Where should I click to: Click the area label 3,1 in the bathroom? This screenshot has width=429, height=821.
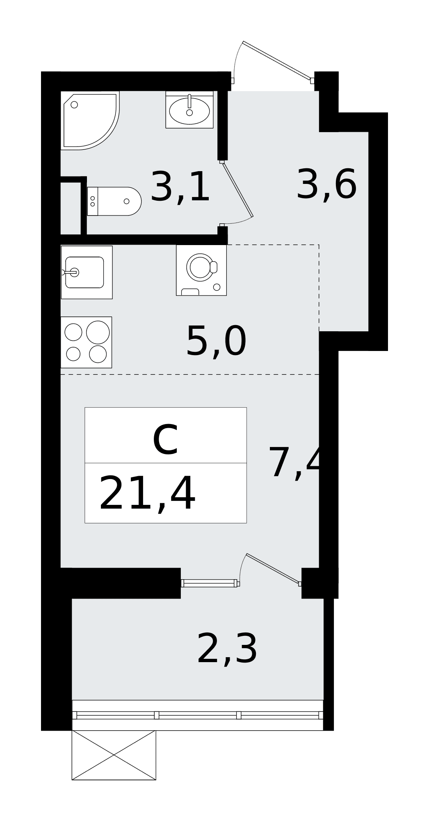(x=180, y=187)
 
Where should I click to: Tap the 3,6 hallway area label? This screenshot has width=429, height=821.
(x=326, y=185)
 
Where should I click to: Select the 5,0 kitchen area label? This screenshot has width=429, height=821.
(x=216, y=341)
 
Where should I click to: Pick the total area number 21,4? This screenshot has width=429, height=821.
(x=147, y=493)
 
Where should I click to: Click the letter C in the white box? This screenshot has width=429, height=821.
(x=165, y=440)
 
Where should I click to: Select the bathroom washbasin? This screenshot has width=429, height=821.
(x=189, y=110)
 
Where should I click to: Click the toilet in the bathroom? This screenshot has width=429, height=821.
(x=114, y=201)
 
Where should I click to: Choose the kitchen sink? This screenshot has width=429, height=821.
(x=87, y=272)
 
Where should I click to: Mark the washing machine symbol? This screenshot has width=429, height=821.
(x=201, y=270)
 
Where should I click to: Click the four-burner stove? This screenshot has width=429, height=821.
(x=86, y=342)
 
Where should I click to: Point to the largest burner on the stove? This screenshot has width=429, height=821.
(x=98, y=332)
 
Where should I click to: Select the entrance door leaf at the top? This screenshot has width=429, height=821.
(x=276, y=60)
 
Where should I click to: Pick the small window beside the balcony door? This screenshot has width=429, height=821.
(x=209, y=583)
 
